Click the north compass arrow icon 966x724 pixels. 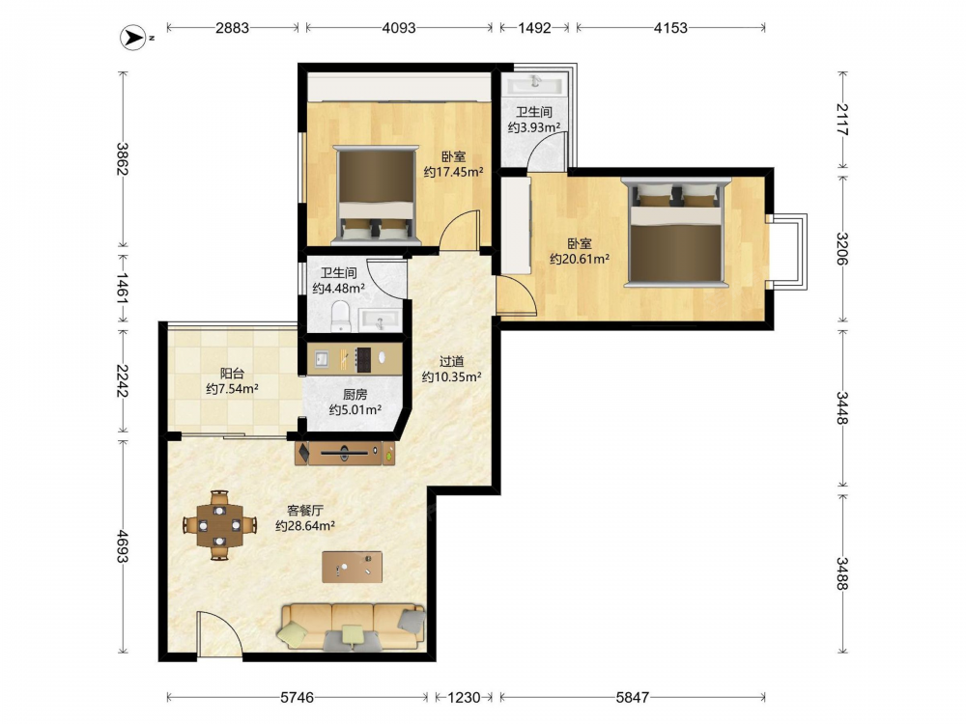point(131,38)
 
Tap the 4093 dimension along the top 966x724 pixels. point(399,28)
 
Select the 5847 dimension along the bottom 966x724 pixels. point(632,698)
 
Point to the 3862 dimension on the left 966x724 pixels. point(123,159)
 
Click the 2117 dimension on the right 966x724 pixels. point(842,120)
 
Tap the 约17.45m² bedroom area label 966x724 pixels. point(453,173)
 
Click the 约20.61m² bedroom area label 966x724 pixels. point(580,259)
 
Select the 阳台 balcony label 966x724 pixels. point(232,373)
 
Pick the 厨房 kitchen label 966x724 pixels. point(355,395)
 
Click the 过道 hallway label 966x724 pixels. point(451,361)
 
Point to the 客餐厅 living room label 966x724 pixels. point(305,511)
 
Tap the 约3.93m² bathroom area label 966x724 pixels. point(534,127)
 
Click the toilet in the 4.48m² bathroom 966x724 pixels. point(340,316)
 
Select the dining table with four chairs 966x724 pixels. point(219,525)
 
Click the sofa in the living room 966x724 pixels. point(352,627)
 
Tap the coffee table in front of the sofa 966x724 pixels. point(352,567)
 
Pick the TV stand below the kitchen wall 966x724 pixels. point(345,453)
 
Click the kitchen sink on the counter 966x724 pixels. point(322,358)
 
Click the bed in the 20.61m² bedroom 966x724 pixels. point(676,233)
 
